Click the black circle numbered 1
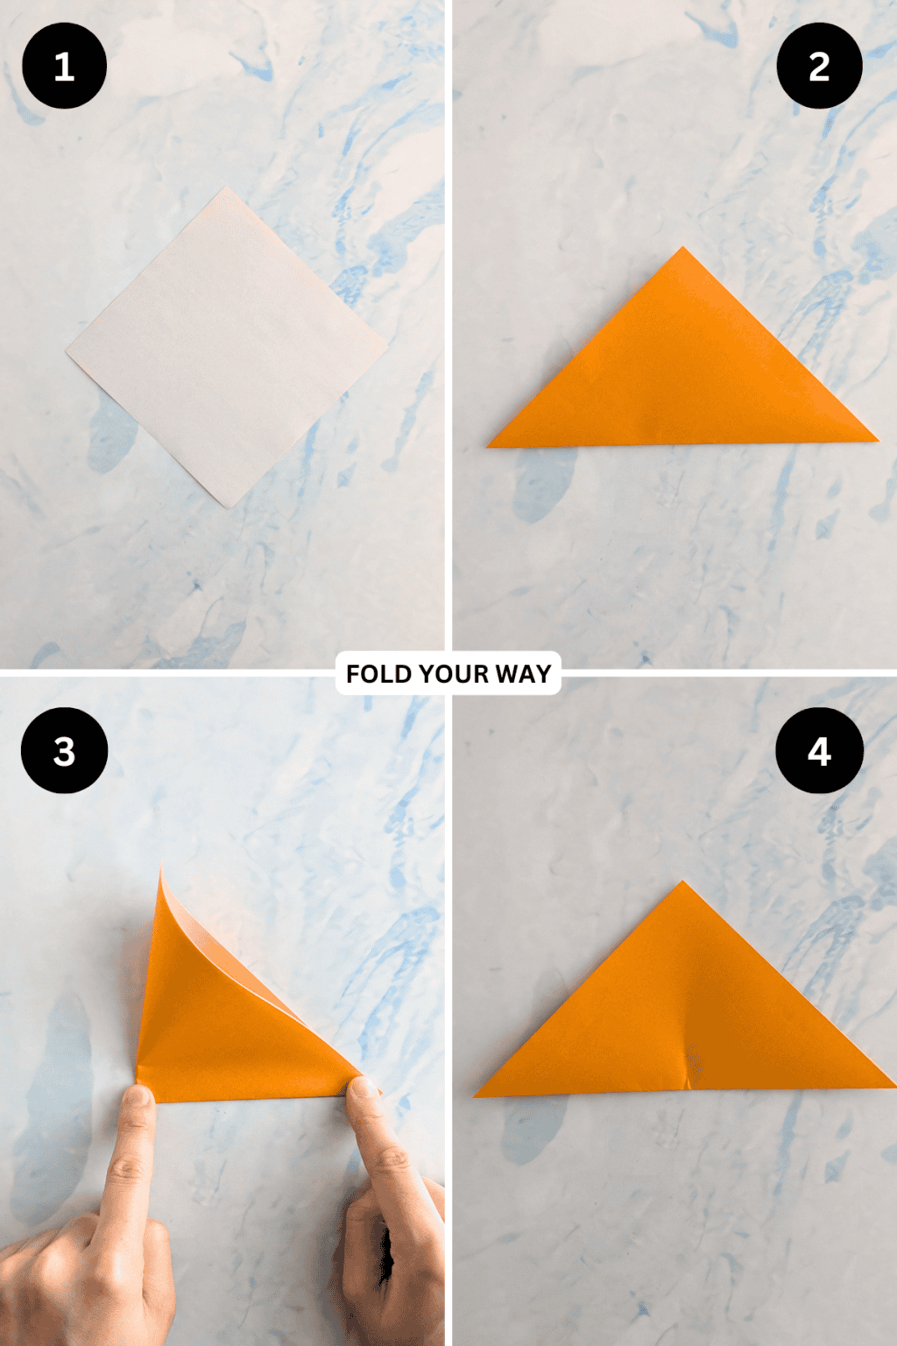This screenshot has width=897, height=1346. tap(64, 67)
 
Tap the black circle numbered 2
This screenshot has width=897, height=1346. tap(819, 67)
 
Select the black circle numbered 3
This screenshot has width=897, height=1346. tap(64, 751)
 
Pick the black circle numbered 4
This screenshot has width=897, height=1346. tap(819, 751)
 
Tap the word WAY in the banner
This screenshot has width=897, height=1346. tap(523, 674)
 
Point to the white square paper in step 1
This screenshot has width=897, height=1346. tap(226, 346)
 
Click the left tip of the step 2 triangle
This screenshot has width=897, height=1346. tap(489, 446)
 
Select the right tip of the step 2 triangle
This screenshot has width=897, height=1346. tap(877, 438)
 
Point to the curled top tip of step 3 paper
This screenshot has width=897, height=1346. tap(162, 867)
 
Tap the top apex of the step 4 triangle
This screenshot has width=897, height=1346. tap(682, 882)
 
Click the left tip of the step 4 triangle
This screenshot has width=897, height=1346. tap(477, 1095)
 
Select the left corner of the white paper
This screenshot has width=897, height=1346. tap(67, 352)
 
